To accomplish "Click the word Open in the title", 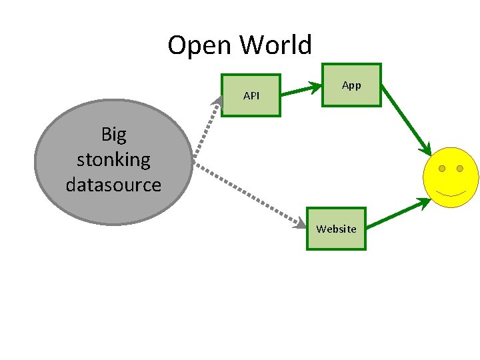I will [x=201, y=46].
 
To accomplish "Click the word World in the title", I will [x=276, y=45].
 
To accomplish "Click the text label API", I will [x=251, y=96].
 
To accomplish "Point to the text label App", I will [x=351, y=85].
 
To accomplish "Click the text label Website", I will [x=336, y=229].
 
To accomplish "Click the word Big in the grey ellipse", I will [x=113, y=135].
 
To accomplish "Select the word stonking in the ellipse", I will [x=113, y=159].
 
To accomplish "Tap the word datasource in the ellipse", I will [x=113, y=184].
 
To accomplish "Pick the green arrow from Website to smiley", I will [x=397, y=213].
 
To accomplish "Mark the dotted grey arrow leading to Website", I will [x=247, y=193].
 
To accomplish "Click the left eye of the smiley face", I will [x=442, y=169].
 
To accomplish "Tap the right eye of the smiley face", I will [x=460, y=169].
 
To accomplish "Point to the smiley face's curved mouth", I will [x=451, y=194].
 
